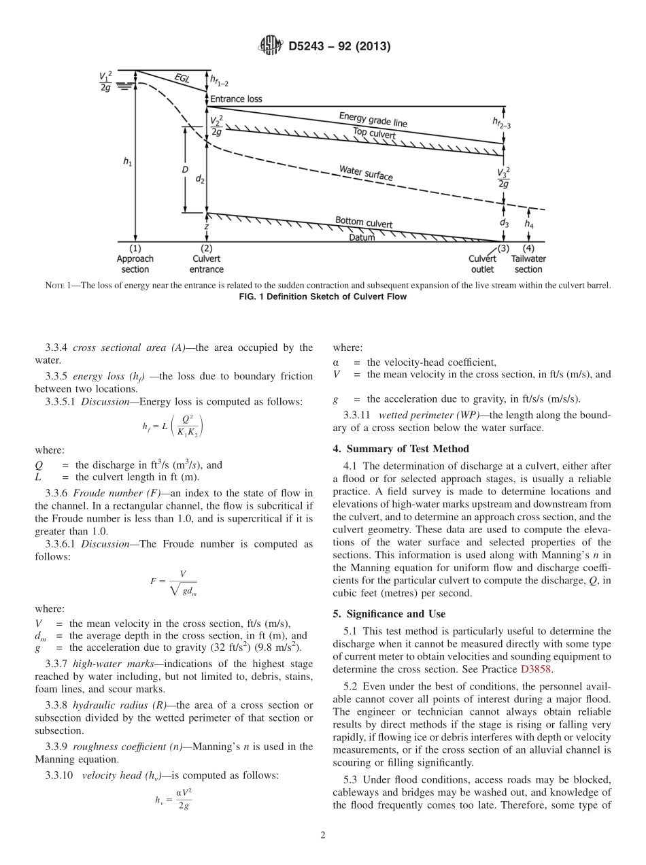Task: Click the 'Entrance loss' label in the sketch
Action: pos(236,99)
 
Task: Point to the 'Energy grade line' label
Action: pos(373,120)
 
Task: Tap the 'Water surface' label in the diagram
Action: pos(366,172)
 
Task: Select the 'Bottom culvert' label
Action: pos(363,222)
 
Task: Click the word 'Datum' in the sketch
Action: pos(362,237)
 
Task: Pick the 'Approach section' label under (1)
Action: pos(135,264)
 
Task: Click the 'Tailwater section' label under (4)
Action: pos(528,264)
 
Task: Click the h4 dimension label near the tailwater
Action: pos(528,222)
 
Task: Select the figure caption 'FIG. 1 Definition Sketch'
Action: pos(323,296)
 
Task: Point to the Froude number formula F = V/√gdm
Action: pos(173,581)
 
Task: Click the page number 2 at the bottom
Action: pos(323,836)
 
